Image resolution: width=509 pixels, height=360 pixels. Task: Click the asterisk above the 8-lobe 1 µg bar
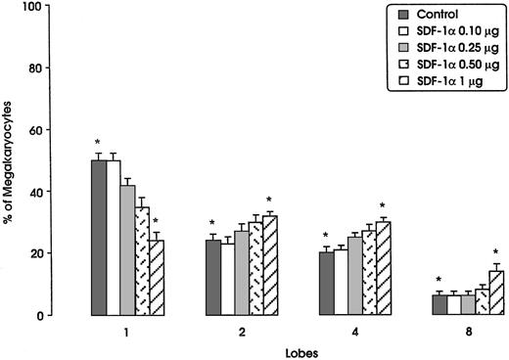[496, 253]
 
